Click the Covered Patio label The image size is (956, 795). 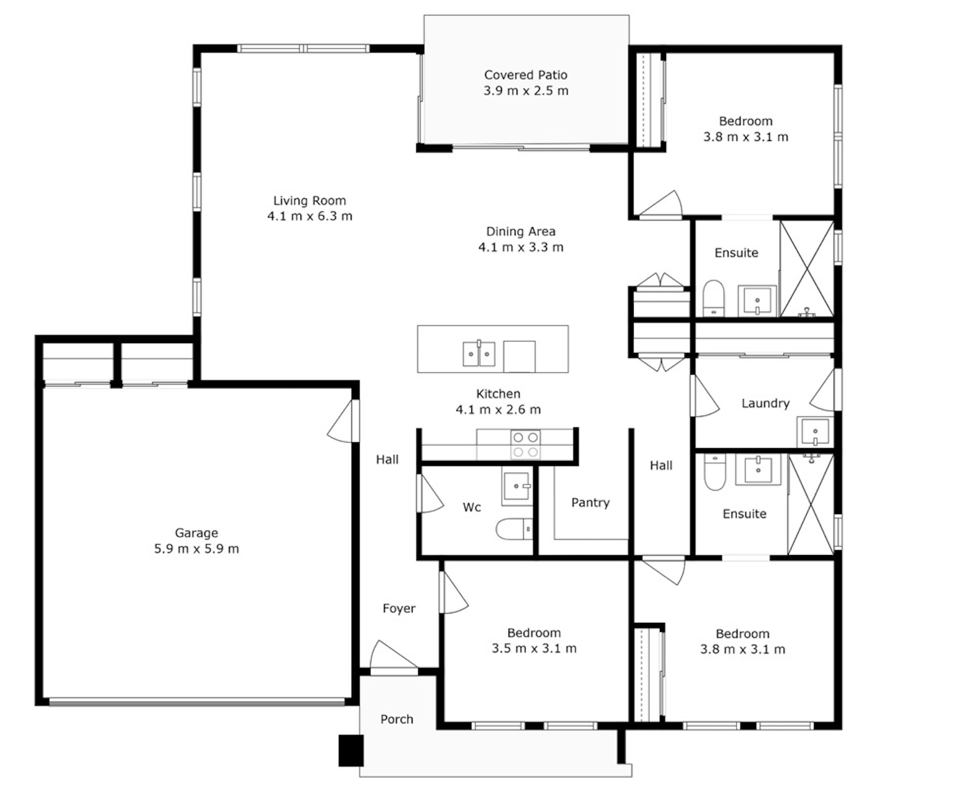point(526,75)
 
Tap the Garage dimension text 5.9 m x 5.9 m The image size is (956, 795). point(196,549)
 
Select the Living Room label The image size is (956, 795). point(310,201)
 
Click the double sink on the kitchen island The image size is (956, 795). point(479,354)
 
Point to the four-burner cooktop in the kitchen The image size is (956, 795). point(525,445)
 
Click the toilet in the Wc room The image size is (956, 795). point(513,529)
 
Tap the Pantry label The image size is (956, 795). point(590,503)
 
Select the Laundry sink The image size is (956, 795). point(814,432)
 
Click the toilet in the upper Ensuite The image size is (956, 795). point(712,298)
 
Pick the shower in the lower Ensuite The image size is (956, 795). point(811,504)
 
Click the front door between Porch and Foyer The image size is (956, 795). point(394,657)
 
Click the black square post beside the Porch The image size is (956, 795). point(351,750)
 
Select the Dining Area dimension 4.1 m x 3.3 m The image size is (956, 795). point(521,247)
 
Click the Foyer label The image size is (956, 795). point(399,608)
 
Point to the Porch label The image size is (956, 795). point(397,719)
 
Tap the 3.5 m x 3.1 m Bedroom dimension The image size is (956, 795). point(534,648)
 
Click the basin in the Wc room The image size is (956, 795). point(516,487)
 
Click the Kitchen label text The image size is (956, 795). point(498,394)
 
